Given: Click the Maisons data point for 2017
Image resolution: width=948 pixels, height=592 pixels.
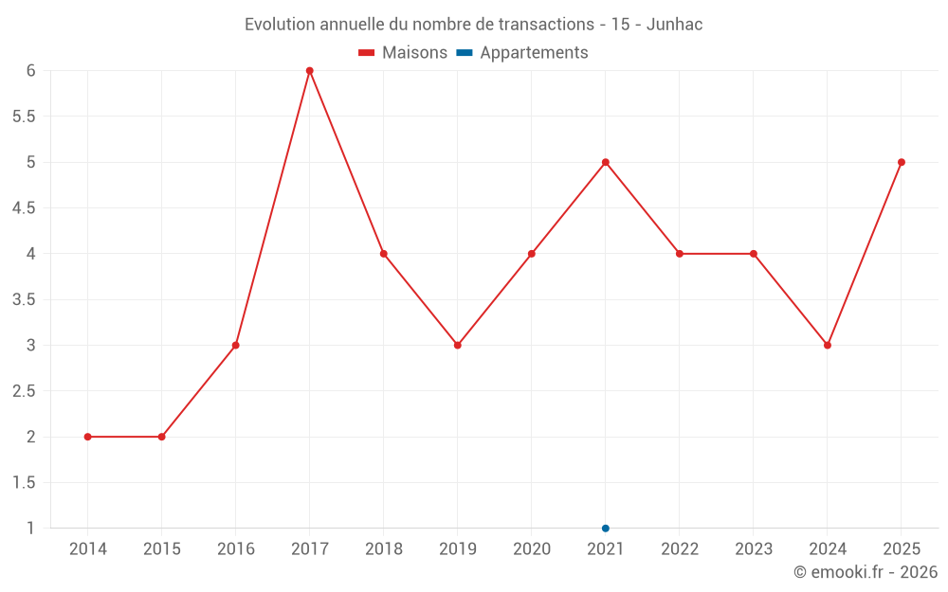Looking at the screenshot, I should tap(310, 71).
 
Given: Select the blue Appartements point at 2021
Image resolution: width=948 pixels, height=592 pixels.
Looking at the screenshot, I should tap(606, 529).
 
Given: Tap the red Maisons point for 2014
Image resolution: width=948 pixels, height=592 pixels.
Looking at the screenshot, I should tap(88, 437).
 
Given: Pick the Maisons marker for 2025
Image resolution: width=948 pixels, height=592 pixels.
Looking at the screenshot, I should tap(902, 162).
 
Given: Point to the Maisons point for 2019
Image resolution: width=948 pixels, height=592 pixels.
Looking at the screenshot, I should tap(458, 345).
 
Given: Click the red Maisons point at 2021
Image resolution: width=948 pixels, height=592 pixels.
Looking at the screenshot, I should tap(606, 162).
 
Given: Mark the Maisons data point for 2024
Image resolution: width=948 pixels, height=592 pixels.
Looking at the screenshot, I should tap(828, 345).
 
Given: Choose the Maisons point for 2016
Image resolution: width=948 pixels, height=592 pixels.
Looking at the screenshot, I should tap(236, 345).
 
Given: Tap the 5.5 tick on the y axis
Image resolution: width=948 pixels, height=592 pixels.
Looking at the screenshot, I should tap(24, 117).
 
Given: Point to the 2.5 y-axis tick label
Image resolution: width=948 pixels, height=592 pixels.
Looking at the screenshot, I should tap(24, 391).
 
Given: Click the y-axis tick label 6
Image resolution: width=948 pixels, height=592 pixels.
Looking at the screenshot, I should tap(30, 71).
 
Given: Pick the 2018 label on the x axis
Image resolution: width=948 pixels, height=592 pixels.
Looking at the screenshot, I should tap(384, 549).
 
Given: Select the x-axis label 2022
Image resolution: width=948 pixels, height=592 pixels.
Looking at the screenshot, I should tap(680, 549).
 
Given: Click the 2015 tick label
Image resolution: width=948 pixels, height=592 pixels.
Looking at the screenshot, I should tap(162, 549).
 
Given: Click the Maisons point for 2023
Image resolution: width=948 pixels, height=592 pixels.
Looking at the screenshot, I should tap(754, 254).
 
